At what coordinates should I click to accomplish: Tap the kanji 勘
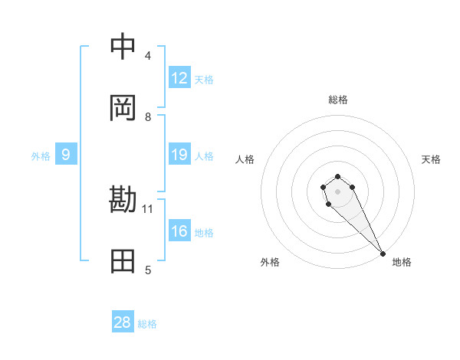click(x=123, y=200)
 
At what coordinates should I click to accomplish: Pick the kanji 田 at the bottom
click(x=123, y=261)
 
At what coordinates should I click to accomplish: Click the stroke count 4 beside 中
click(x=148, y=56)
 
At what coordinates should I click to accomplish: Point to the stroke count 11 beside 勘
click(x=149, y=208)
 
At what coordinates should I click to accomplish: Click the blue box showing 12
click(x=179, y=78)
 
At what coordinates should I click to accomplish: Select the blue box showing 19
click(x=179, y=155)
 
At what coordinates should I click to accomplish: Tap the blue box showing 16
click(x=179, y=231)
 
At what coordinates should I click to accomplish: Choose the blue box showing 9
click(x=66, y=155)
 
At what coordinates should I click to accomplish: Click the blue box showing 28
click(x=123, y=322)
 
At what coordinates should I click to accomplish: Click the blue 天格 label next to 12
click(x=204, y=80)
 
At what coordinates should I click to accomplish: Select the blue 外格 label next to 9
click(x=41, y=156)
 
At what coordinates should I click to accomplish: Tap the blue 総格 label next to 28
click(x=147, y=324)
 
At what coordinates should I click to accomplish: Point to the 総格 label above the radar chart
click(x=338, y=100)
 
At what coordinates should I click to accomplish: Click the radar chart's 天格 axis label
click(x=431, y=159)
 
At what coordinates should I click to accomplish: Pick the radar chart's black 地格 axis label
click(x=402, y=262)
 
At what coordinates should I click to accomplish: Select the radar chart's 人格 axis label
click(x=245, y=159)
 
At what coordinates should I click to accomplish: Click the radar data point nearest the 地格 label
click(x=383, y=253)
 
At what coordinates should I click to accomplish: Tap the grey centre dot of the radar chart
click(x=337, y=191)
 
